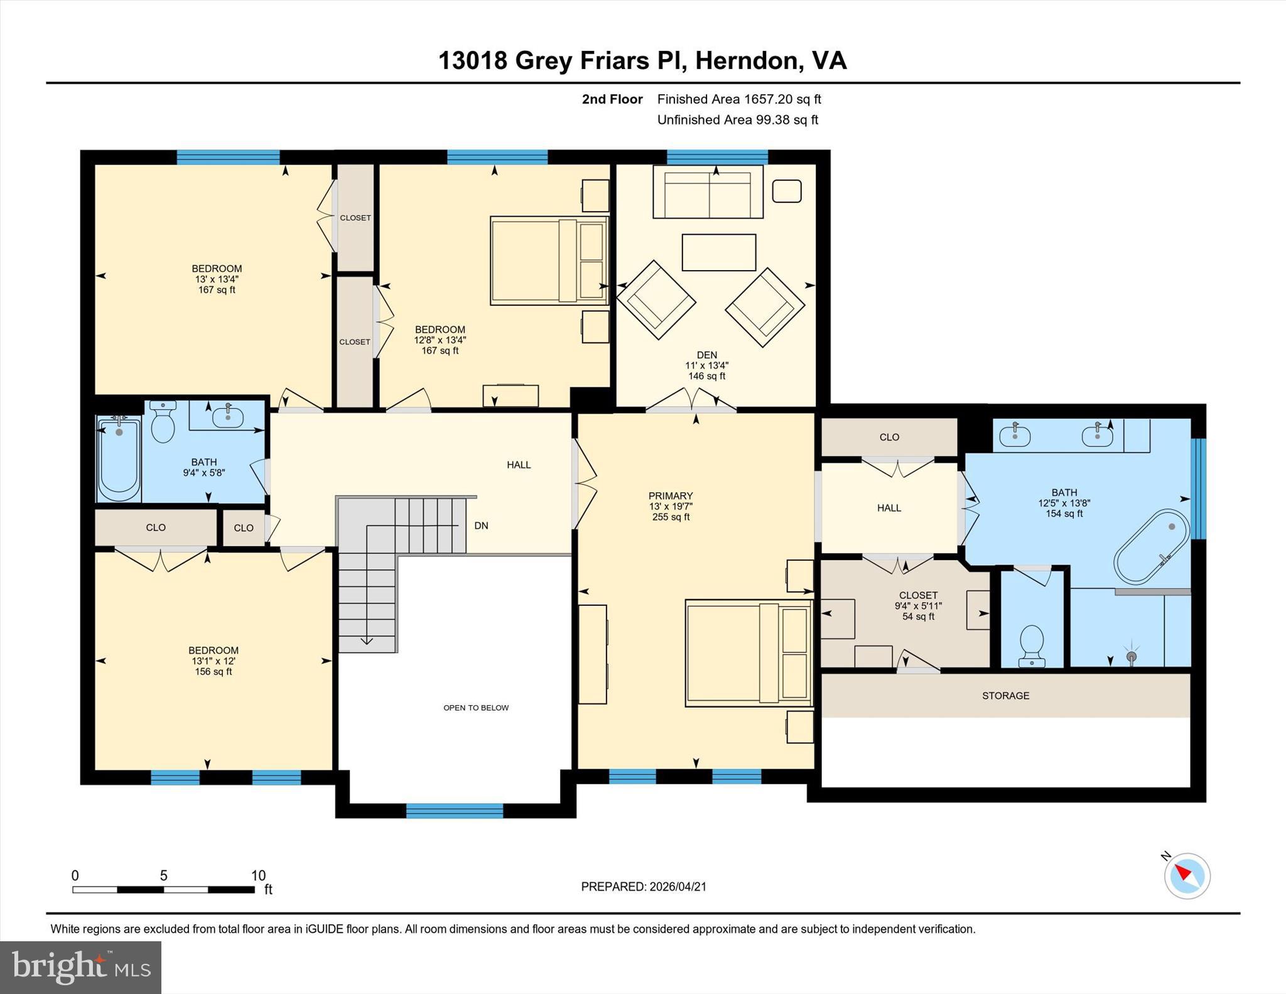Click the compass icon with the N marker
tap(1187, 875)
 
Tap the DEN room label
tap(706, 355)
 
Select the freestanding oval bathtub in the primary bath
tap(1152, 547)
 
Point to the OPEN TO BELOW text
tap(476, 708)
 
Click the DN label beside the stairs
tap(481, 526)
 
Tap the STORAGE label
tap(1005, 696)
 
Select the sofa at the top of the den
tap(708, 192)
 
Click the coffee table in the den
tap(718, 252)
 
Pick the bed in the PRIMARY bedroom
tap(747, 653)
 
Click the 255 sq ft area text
tap(671, 517)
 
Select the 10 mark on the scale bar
tap(258, 875)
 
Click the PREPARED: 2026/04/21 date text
tap(644, 887)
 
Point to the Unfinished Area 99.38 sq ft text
tap(737, 120)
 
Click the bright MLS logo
tap(80, 967)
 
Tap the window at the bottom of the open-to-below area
tap(455, 811)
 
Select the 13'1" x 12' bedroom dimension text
tap(213, 661)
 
